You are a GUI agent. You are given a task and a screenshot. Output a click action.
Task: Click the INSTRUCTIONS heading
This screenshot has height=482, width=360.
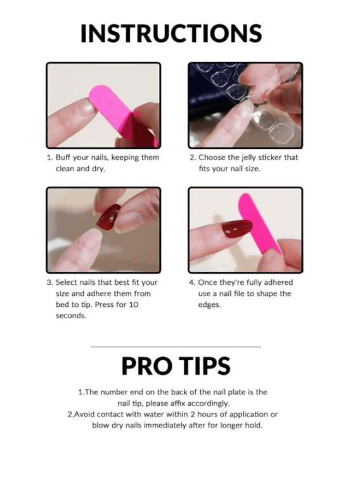[x=171, y=33]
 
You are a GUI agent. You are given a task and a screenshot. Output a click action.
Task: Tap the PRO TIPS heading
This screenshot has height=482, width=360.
[x=176, y=365]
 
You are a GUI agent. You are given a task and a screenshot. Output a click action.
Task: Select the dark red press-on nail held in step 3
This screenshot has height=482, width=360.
[x=109, y=218]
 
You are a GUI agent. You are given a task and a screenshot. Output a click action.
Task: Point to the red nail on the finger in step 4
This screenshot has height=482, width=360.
[x=237, y=228]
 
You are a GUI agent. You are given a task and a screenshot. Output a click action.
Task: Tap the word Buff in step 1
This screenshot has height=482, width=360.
[x=63, y=157]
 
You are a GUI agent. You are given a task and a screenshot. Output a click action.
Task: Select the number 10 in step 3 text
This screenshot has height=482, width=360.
[x=134, y=304]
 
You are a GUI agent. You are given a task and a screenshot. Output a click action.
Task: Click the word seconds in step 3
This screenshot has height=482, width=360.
[x=71, y=316]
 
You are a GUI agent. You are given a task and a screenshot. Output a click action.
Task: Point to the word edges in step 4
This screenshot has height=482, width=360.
[x=210, y=305]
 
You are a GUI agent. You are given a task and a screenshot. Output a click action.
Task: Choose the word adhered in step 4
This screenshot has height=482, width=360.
[x=279, y=282]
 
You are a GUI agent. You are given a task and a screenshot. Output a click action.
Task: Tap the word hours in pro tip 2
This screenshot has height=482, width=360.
[x=207, y=414]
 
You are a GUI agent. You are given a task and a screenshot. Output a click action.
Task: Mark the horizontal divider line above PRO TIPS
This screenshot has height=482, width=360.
[x=176, y=347]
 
